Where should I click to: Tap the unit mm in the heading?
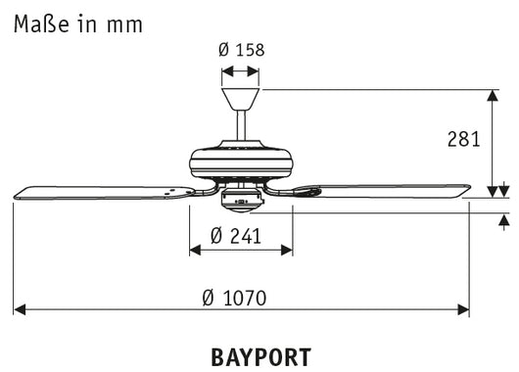coord(124,24)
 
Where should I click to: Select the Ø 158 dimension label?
coord(240,49)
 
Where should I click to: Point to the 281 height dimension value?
coord(461,139)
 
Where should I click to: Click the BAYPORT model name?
coord(260,356)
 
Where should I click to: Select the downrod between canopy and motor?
coord(240,126)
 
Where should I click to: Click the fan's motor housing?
coord(240,161)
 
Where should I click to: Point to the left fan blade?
coord(98,193)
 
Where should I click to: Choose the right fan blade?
coord(392,191)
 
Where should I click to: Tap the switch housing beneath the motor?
coord(240,201)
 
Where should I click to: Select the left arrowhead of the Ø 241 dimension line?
coord(194,250)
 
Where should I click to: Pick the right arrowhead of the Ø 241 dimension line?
coord(287,250)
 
